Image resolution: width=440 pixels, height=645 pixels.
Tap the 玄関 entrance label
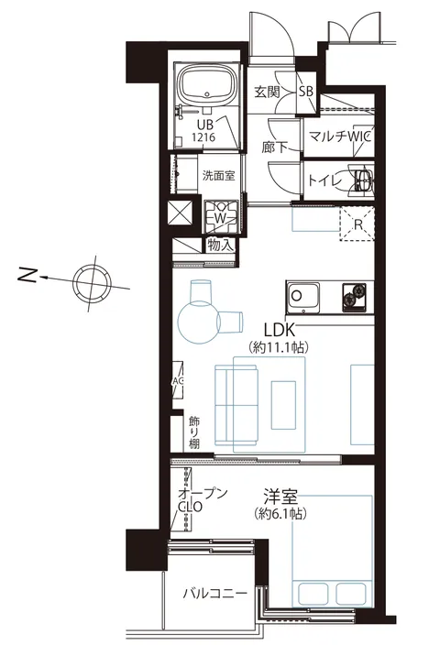pyautogui.click(x=267, y=92)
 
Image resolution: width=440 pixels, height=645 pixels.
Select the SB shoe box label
pyautogui.click(x=306, y=92)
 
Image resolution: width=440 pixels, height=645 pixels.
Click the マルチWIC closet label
pyautogui.click(x=340, y=137)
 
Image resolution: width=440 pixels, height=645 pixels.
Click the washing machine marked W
pyautogui.click(x=222, y=218)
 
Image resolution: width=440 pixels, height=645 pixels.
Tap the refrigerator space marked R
pyautogui.click(x=357, y=224)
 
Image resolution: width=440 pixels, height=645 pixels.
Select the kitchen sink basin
pyautogui.click(x=303, y=297)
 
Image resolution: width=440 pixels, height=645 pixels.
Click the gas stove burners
pyautogui.click(x=354, y=297)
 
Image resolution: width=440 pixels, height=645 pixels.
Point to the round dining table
pyautogui.click(x=197, y=322)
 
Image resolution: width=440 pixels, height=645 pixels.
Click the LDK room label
pyautogui.click(x=279, y=330)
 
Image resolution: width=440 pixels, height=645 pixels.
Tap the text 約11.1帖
pyautogui.click(x=279, y=348)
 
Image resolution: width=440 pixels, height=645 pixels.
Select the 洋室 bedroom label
pyautogui.click(x=280, y=497)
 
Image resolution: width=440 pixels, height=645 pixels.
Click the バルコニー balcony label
pyautogui.click(x=214, y=593)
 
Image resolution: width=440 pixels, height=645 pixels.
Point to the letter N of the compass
pyautogui.click(x=27, y=275)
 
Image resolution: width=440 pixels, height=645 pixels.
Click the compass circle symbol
pyautogui.click(x=92, y=283)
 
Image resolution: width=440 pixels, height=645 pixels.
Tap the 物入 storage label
pyautogui.click(x=221, y=246)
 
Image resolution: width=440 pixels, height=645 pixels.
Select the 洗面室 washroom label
pyautogui.click(x=218, y=176)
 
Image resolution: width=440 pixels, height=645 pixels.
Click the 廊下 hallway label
pyautogui.click(x=274, y=148)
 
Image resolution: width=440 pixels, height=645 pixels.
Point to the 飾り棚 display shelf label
pyautogui.click(x=194, y=432)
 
